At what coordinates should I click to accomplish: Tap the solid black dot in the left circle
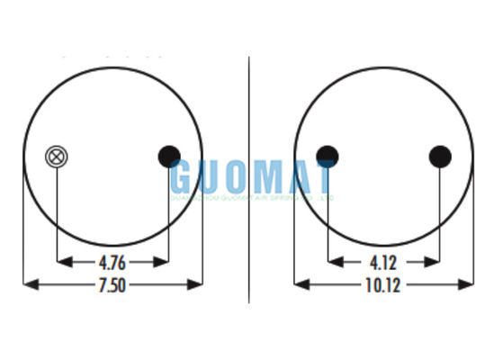click(169, 157)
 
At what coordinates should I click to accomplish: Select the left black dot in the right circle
click(328, 157)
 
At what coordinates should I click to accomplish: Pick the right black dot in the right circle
click(440, 157)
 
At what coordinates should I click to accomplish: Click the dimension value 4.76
click(112, 263)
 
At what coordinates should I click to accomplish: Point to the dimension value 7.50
click(112, 285)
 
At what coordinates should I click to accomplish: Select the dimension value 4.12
click(383, 263)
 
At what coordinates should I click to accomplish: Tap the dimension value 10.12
click(383, 285)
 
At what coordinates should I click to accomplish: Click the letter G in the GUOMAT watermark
click(187, 175)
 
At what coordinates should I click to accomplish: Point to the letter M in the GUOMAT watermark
click(262, 175)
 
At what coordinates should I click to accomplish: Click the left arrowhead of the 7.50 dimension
click(29, 284)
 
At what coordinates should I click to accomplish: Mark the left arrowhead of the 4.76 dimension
click(63, 262)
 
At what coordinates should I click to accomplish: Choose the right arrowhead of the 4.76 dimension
click(162, 262)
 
